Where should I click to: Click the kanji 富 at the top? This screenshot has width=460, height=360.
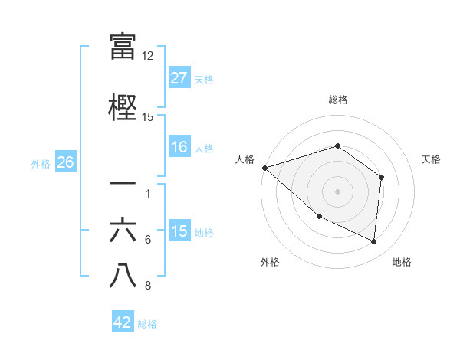pyautogui.click(x=123, y=47)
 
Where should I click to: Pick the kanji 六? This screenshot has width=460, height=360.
pyautogui.click(x=123, y=231)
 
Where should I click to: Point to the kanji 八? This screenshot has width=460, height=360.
pyautogui.click(x=123, y=277)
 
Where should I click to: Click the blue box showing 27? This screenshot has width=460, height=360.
pyautogui.click(x=179, y=78)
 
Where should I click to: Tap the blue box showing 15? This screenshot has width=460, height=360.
pyautogui.click(x=179, y=231)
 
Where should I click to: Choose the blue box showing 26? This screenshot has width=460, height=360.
pyautogui.click(x=65, y=162)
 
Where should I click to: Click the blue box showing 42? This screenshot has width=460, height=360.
pyautogui.click(x=123, y=322)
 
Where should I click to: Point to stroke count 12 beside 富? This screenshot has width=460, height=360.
pyautogui.click(x=147, y=56)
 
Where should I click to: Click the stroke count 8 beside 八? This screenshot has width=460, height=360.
pyautogui.click(x=147, y=286)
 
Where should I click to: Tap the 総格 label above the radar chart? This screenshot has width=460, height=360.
pyautogui.click(x=337, y=100)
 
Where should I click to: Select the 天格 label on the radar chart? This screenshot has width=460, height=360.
pyautogui.click(x=431, y=159)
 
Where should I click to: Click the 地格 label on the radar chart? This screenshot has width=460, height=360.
pyautogui.click(x=402, y=262)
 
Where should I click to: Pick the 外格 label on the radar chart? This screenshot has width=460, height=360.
pyautogui.click(x=270, y=262)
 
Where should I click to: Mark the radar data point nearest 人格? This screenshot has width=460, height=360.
pyautogui.click(x=264, y=167)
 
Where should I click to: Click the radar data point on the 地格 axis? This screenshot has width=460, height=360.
pyautogui.click(x=374, y=241)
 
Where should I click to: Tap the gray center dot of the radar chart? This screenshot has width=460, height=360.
pyautogui.click(x=337, y=191)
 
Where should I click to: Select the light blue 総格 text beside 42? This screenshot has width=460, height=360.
pyautogui.click(x=147, y=324)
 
